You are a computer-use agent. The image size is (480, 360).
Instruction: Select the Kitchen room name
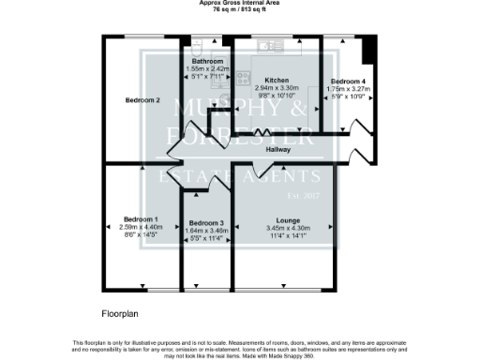[276, 81]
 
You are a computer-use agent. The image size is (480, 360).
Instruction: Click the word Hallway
[277, 150]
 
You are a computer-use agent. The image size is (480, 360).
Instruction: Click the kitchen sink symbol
[273, 43]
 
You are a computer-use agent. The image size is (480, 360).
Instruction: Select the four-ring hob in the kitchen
[242, 79]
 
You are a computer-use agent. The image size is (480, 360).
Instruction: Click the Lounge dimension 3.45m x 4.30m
[280, 228]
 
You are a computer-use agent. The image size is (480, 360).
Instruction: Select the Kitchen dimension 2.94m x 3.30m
[276, 87]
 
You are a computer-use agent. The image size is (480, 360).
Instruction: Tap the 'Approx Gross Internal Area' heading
[239, 3]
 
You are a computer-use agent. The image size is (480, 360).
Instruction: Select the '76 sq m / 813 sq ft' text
[239, 9]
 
